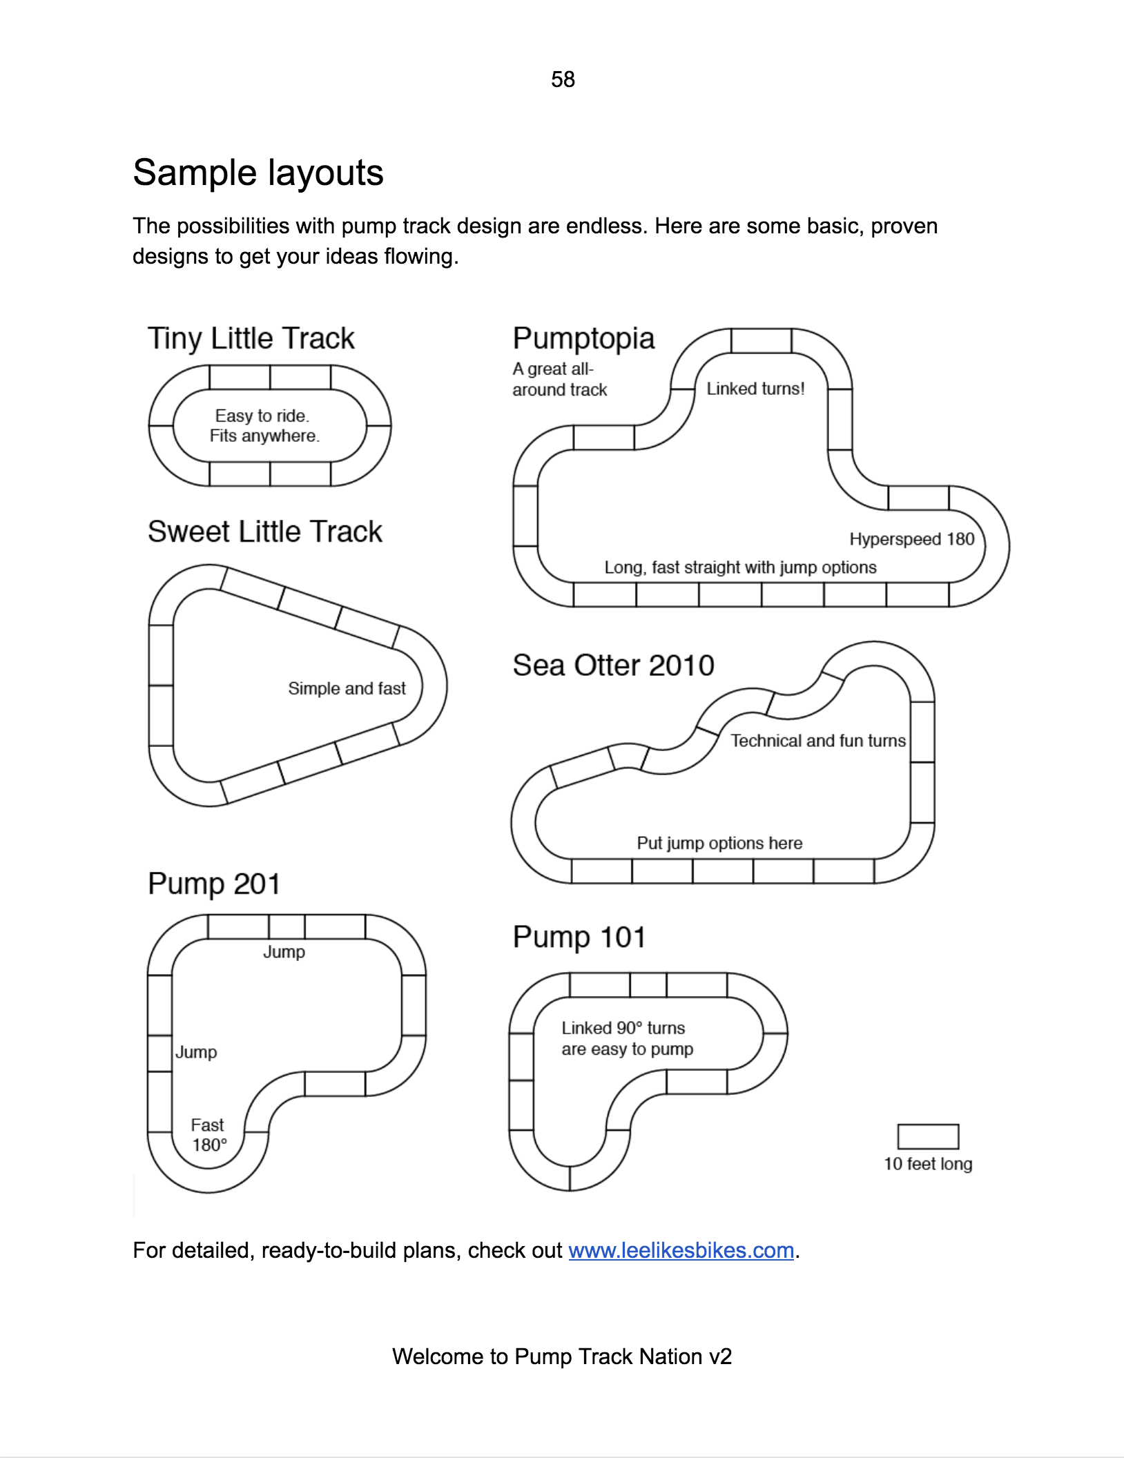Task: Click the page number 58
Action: click(563, 79)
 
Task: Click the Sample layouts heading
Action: click(258, 173)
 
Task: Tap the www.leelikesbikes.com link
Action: click(681, 1250)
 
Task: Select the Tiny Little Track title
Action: click(251, 339)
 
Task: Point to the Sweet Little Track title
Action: click(264, 532)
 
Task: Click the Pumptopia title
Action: click(583, 339)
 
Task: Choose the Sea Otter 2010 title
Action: click(613, 665)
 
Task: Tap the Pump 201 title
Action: click(214, 884)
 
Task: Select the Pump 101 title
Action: click(579, 937)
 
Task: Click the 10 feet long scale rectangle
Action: click(928, 1136)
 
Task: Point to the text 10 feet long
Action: click(928, 1164)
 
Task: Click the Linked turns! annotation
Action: click(755, 389)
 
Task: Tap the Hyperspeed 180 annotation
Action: click(912, 539)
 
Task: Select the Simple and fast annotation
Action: click(347, 688)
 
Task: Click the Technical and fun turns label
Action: click(818, 741)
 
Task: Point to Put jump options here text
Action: click(719, 843)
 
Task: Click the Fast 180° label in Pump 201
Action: click(209, 1135)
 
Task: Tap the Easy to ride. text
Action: click(262, 416)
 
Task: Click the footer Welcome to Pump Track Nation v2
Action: click(562, 1357)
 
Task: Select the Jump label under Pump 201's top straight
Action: click(284, 952)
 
